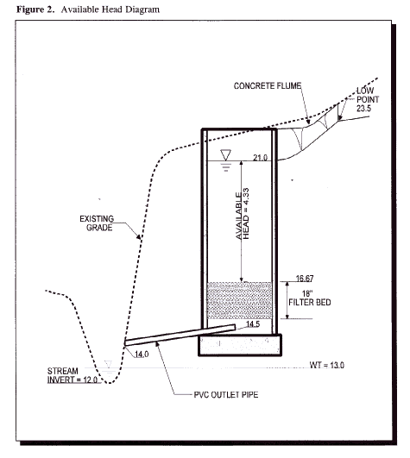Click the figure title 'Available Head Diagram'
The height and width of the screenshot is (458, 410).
tap(110, 9)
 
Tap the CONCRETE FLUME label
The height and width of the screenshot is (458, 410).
tap(268, 86)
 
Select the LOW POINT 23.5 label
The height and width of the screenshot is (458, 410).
tap(368, 99)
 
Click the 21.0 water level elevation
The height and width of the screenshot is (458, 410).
tap(260, 158)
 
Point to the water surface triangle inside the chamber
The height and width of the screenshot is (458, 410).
tap(225, 154)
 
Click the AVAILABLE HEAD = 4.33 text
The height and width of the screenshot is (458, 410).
tap(243, 214)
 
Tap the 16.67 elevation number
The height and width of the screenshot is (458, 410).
tap(305, 279)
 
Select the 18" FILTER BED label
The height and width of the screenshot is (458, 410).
tap(310, 298)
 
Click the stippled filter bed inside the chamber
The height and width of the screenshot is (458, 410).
tap(239, 300)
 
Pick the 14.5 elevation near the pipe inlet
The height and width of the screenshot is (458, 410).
tap(253, 324)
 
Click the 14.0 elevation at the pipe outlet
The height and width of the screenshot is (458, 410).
tap(142, 354)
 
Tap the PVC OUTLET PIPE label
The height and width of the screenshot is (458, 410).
tap(226, 395)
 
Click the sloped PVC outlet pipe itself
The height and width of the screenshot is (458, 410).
tap(180, 335)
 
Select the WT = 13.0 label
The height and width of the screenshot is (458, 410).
tap(327, 365)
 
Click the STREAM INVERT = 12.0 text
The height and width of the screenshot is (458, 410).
tap(73, 375)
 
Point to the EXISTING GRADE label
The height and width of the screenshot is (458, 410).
tap(97, 223)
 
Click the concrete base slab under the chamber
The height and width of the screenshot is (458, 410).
tap(240, 345)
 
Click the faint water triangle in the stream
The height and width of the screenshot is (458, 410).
tap(109, 365)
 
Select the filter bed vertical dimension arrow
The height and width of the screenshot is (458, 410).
tap(287, 300)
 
